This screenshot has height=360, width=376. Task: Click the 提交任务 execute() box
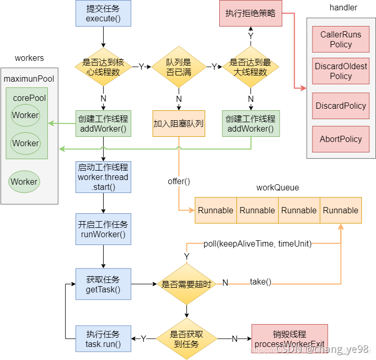tap(103, 14)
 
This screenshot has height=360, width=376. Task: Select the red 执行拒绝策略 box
tap(250, 14)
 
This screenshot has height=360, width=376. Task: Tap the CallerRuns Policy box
tap(341, 40)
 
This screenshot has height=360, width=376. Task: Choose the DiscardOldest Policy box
tap(341, 72)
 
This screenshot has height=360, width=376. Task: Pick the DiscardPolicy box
tap(341, 106)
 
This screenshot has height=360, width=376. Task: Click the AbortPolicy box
tap(341, 139)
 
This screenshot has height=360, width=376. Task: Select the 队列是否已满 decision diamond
tap(179, 67)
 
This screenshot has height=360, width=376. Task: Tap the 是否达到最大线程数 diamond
tap(250, 67)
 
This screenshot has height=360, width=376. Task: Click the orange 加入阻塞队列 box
tap(179, 123)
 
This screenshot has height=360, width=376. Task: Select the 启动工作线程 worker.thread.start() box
tap(103, 177)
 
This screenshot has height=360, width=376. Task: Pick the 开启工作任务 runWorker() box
tap(103, 229)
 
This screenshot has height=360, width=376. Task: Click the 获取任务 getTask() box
tap(103, 284)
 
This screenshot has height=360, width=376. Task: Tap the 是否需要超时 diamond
tap(186, 284)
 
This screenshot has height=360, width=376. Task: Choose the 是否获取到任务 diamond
tap(186, 339)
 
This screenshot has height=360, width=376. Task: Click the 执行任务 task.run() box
tap(103, 339)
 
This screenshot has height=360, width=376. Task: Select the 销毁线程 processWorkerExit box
tap(290, 339)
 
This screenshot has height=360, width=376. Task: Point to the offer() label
tap(179, 182)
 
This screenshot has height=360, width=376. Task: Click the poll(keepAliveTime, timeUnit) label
tap(257, 243)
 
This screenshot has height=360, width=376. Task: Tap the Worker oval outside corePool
tap(24, 182)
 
